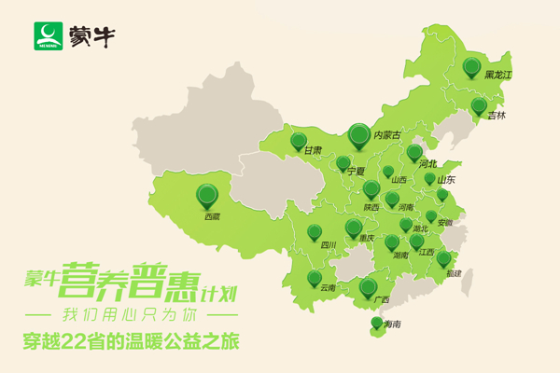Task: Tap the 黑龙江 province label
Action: pos(498,75)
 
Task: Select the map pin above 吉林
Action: pos(478,105)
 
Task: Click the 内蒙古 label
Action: pos(386,136)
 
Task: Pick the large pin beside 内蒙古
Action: pos(358,135)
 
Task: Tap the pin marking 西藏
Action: pos(207,194)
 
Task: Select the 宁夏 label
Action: pos(355,172)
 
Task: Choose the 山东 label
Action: pos(446,179)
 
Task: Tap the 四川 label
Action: pos(328,245)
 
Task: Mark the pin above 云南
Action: pos(315,278)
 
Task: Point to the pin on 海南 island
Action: pos(376,323)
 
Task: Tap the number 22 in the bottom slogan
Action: pos(86,341)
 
